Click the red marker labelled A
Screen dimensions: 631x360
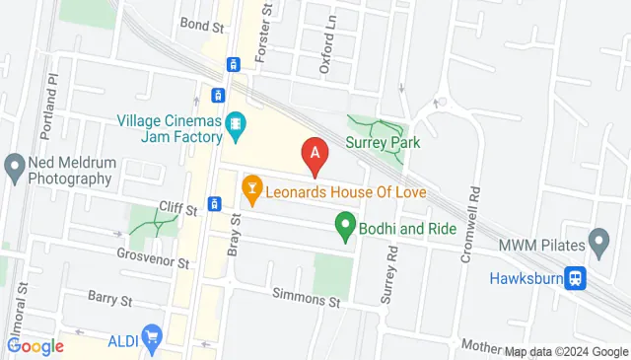click(315, 154)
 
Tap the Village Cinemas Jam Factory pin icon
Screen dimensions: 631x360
click(236, 124)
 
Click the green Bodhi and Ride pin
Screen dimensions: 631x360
click(346, 226)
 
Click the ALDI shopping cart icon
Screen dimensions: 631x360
click(151, 338)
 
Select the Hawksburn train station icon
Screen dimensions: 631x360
click(573, 277)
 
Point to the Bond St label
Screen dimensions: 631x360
click(196, 22)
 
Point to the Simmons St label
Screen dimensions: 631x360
click(306, 299)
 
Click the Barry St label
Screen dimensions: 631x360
click(109, 296)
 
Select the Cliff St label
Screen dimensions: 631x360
click(178, 206)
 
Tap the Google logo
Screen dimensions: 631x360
click(35, 345)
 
